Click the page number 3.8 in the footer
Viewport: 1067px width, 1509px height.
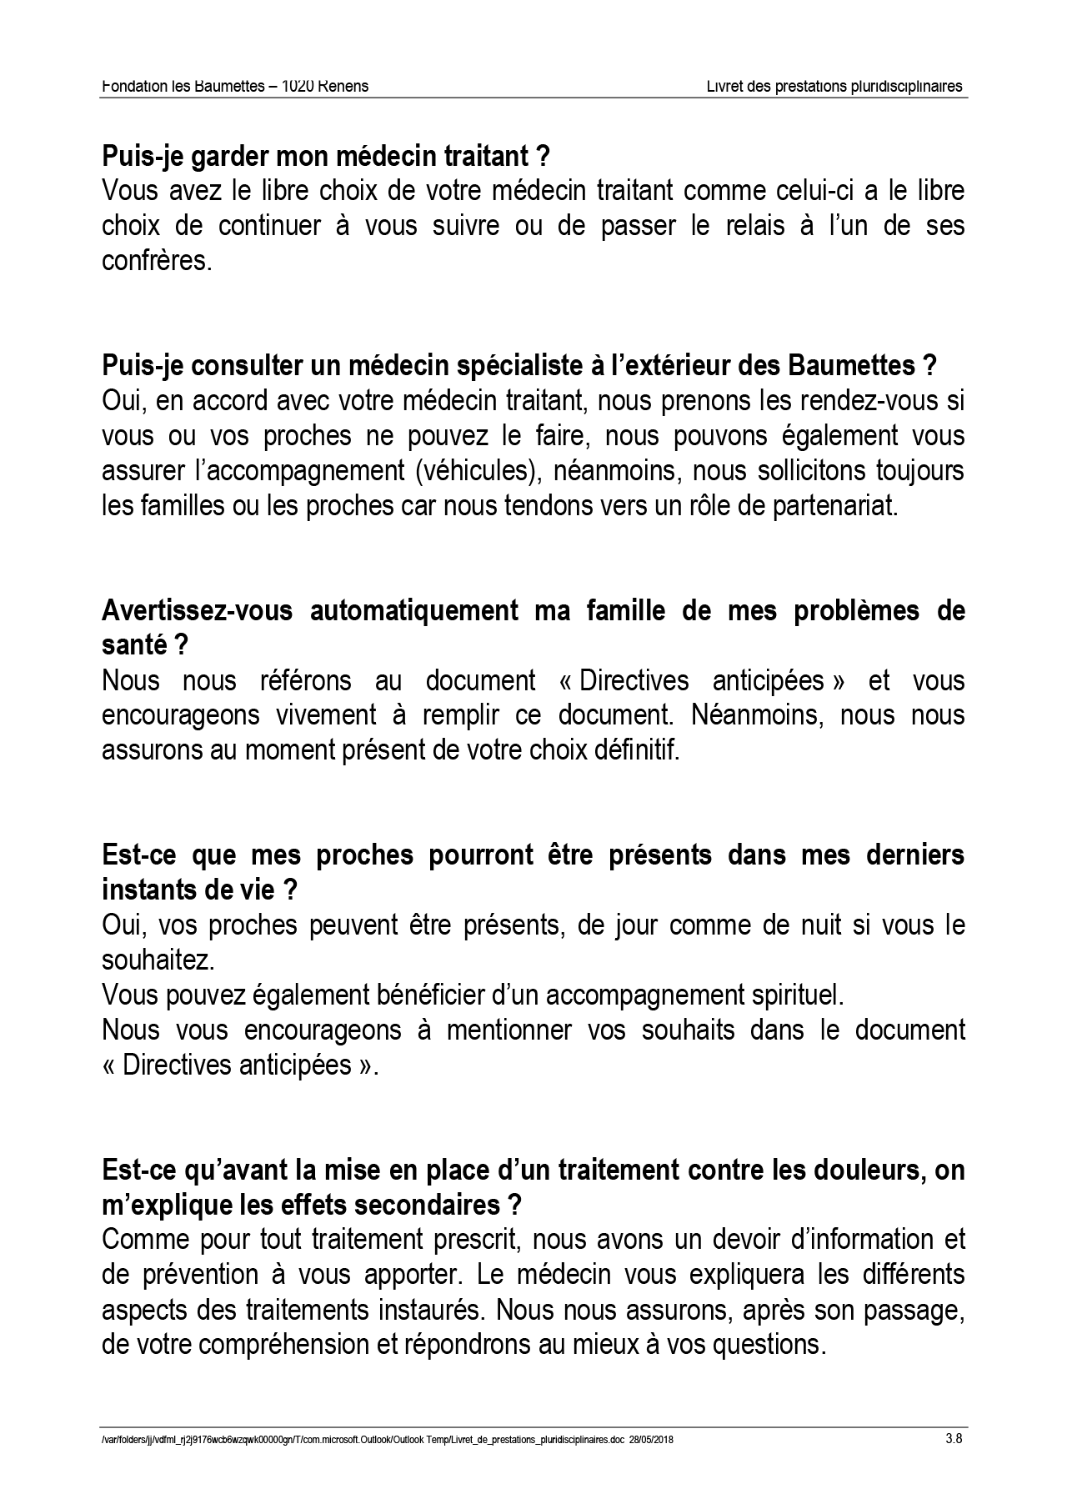pyautogui.click(x=954, y=1437)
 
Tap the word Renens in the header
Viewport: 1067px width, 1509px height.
pyautogui.click(x=344, y=86)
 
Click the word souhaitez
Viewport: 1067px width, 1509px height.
pyautogui.click(x=158, y=960)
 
